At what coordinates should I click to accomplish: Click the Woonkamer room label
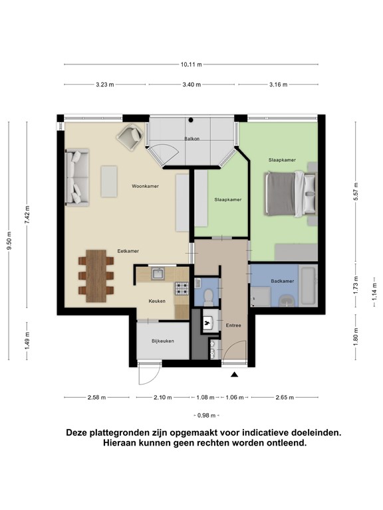(x=145, y=187)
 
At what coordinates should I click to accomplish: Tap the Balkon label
(x=192, y=139)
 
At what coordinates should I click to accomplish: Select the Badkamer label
(x=282, y=282)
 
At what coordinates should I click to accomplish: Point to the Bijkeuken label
(x=162, y=341)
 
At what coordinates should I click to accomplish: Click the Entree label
(x=233, y=325)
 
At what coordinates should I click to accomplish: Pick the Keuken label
(x=157, y=301)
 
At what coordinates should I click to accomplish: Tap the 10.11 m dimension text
(x=191, y=64)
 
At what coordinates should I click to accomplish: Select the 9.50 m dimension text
(x=9, y=240)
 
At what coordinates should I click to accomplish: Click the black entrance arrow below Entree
(x=234, y=375)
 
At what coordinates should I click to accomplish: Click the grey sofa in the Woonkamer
(x=77, y=176)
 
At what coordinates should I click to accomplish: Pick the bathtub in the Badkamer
(x=309, y=285)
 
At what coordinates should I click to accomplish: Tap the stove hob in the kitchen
(x=182, y=290)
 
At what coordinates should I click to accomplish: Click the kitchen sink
(x=158, y=272)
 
